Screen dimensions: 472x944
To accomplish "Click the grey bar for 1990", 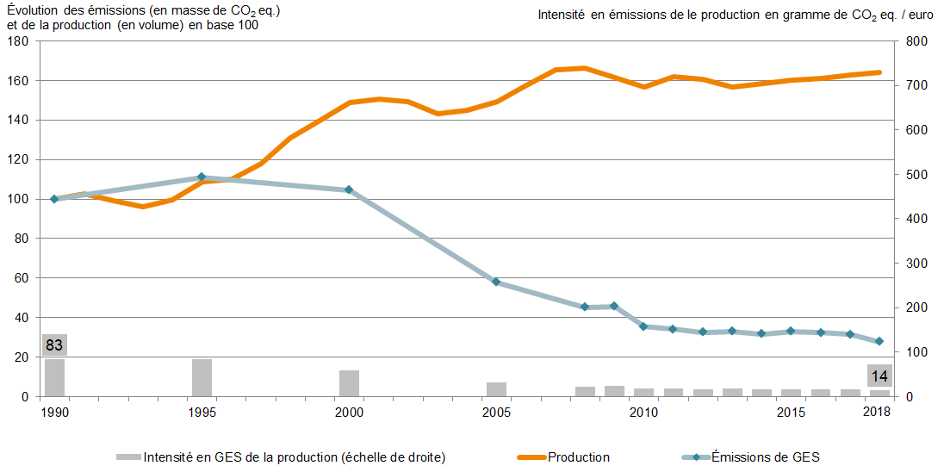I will pos(54,378).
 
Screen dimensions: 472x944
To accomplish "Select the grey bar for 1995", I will pos(202,378).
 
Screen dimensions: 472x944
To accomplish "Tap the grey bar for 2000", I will pos(349,383).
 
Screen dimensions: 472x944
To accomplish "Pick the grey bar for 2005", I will pos(496,389).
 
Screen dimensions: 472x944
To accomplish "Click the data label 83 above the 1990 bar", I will pos(54,345).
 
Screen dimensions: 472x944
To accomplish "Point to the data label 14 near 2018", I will pos(879,376).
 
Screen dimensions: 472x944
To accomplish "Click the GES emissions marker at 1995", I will pos(202,177).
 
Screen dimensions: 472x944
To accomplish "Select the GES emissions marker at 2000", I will pos(349,189).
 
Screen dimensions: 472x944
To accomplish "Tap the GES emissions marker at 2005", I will pos(496,282).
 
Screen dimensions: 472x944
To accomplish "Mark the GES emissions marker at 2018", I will pos(879,341).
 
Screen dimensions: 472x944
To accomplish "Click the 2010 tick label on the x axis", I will pos(643,413).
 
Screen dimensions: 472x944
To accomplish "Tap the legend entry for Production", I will pos(579,457).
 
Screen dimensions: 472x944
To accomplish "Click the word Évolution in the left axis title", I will pos(35,10).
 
